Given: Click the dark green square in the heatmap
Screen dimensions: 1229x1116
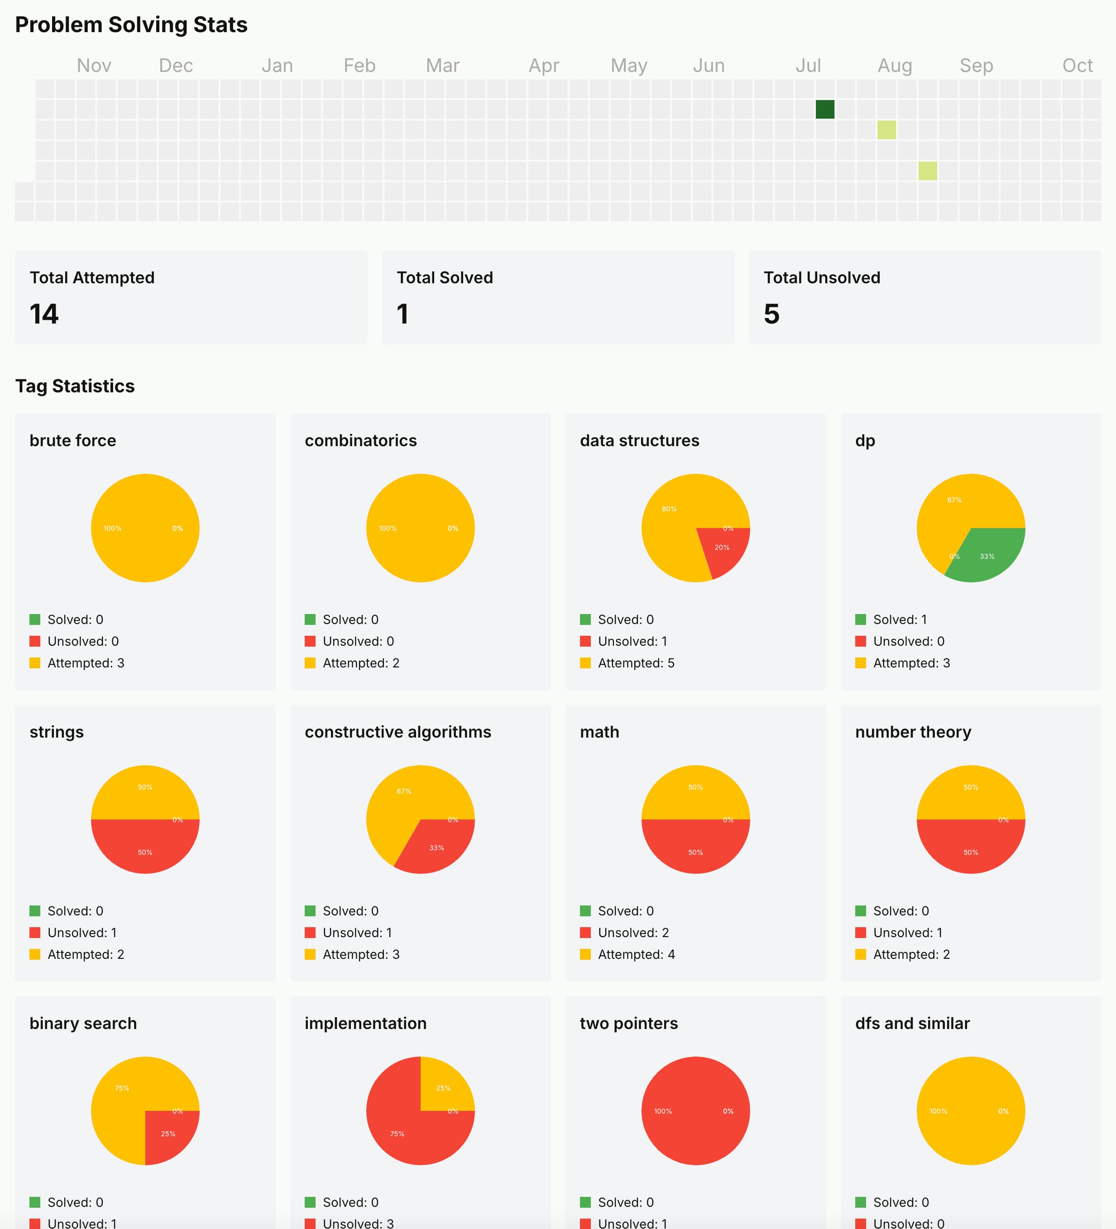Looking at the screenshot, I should coord(824,109).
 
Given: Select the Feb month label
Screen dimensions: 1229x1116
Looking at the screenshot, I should coord(359,65).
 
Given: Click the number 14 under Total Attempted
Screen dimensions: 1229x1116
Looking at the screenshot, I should coord(44,314).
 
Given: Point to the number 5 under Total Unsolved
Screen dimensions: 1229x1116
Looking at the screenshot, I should coord(771,314).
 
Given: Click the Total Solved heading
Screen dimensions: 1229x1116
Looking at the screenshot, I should coord(445,277).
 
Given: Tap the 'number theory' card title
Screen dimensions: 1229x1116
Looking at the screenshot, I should coord(913,732).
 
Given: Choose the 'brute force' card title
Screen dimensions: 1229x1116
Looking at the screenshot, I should coord(72,440).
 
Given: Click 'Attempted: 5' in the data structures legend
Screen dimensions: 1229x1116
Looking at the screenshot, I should coord(636,662).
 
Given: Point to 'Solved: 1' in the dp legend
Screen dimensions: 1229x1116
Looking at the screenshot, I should coord(900,619).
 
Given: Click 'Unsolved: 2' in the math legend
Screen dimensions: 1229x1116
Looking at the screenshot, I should coord(633,933).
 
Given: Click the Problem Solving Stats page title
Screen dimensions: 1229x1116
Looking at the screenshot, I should coord(131,25).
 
